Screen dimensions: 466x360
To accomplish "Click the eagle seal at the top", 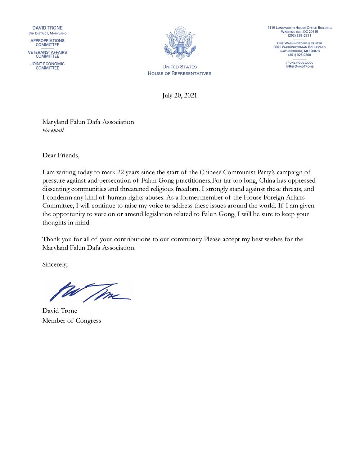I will [179, 44].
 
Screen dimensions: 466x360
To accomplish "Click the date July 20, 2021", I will [179, 95].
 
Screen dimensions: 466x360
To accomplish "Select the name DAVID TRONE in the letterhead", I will [47, 28].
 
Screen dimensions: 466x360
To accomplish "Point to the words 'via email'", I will [53, 130].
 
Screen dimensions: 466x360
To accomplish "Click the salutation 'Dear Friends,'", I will [60, 155].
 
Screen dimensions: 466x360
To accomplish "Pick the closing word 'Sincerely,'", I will [55, 264].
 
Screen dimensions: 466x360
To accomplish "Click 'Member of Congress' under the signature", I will [72, 320].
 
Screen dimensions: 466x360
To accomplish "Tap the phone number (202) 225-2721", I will [299, 36].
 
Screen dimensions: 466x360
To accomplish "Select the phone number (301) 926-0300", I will [299, 55].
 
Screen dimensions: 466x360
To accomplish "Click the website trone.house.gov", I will [299, 63].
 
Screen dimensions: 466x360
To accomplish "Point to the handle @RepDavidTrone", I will [299, 67].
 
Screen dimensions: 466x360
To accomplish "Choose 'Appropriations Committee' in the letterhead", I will [47, 43].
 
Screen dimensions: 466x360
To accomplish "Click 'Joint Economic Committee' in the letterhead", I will [47, 66].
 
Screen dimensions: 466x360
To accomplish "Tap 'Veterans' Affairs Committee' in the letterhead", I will [47, 54].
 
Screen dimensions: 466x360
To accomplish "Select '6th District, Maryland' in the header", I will [47, 33].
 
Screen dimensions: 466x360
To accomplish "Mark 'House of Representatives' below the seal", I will [179, 73].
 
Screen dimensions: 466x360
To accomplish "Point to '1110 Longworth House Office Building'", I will [299, 28].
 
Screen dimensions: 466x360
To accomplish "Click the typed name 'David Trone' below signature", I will [60, 310].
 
